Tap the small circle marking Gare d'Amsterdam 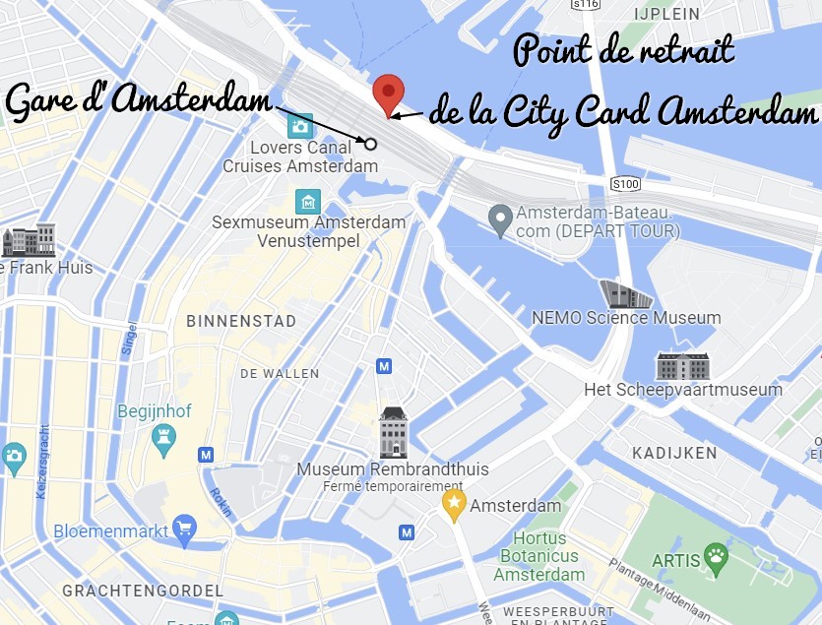(x=371, y=144)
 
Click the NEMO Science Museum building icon (x=625, y=293)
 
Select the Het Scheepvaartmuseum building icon (x=682, y=366)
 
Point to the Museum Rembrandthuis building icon (x=393, y=433)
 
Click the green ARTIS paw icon (x=716, y=560)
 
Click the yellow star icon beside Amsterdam (x=453, y=506)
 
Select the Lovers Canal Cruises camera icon (x=300, y=126)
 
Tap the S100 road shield (x=625, y=184)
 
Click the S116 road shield (x=586, y=5)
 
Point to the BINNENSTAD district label (x=241, y=321)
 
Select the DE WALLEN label (x=280, y=374)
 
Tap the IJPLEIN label (x=666, y=14)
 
